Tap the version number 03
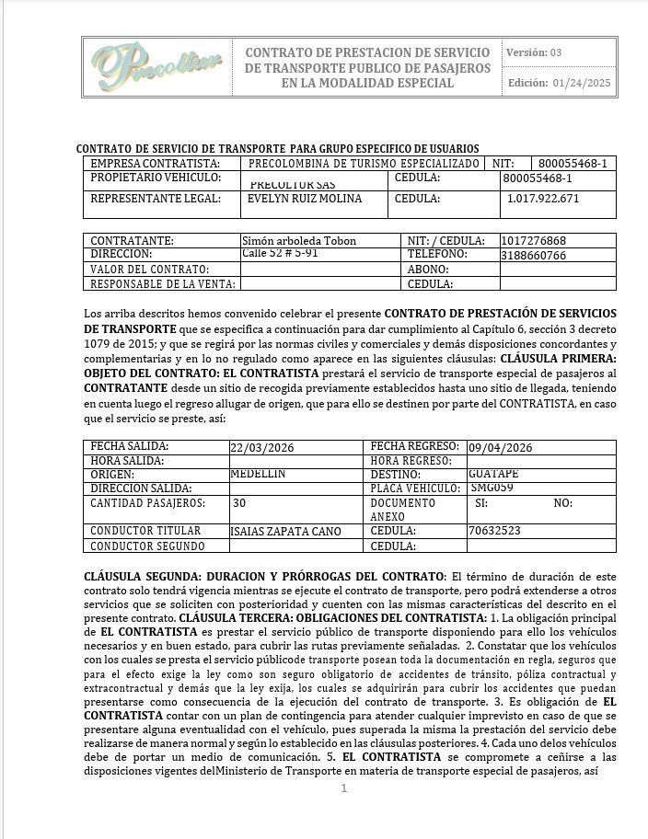pos(556,52)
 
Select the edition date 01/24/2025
pos(582,84)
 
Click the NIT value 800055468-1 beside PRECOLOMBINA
pos(573,163)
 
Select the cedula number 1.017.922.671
pos(543,199)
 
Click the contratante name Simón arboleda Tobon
pos(298,241)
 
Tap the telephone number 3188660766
pos(533,255)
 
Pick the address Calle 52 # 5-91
pos(280,253)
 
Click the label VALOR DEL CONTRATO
pos(149,270)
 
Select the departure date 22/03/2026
pos(263,448)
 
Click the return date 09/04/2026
pos(500,448)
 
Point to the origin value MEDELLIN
pos(258,474)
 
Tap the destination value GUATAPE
pos(493,474)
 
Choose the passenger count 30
pos(239,503)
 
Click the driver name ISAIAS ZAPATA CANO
pos(285,531)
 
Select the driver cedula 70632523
pos(494,531)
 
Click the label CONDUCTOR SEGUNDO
pos(147,546)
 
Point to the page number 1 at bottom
pos(343,788)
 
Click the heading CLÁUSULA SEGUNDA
pos(137,575)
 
